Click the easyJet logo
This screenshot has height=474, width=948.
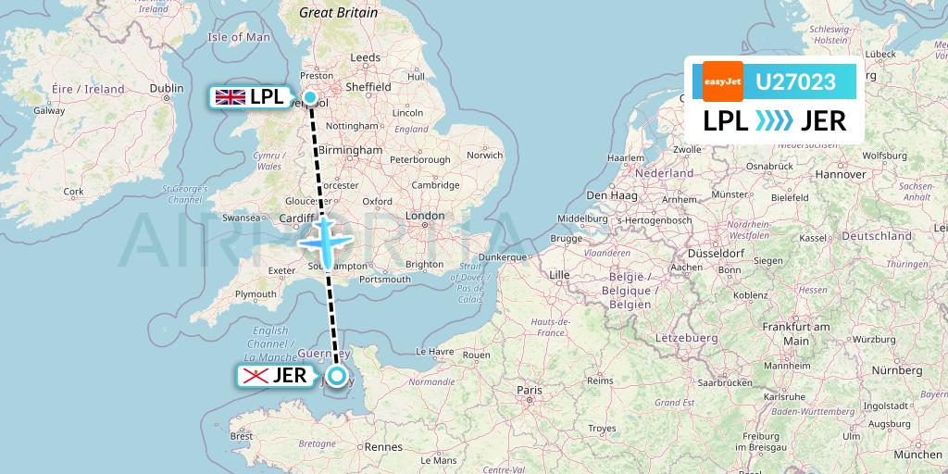(x=723, y=81)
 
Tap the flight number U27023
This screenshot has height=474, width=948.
(x=795, y=82)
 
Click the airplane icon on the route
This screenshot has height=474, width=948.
(x=325, y=241)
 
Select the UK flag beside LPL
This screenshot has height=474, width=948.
(x=230, y=96)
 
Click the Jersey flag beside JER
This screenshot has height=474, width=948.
(x=255, y=376)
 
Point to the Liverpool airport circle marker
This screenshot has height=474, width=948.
(x=311, y=97)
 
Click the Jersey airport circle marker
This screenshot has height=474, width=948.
(x=337, y=375)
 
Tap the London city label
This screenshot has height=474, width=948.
(x=425, y=216)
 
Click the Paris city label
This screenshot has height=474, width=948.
(x=529, y=391)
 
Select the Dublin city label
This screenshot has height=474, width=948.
(x=167, y=88)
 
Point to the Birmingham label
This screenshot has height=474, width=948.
(x=351, y=149)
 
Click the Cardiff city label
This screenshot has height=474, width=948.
(x=297, y=218)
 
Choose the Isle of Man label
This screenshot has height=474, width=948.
(x=239, y=37)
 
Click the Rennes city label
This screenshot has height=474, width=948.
(x=383, y=446)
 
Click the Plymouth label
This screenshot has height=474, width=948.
(x=255, y=294)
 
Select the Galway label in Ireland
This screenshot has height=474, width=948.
(x=49, y=110)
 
